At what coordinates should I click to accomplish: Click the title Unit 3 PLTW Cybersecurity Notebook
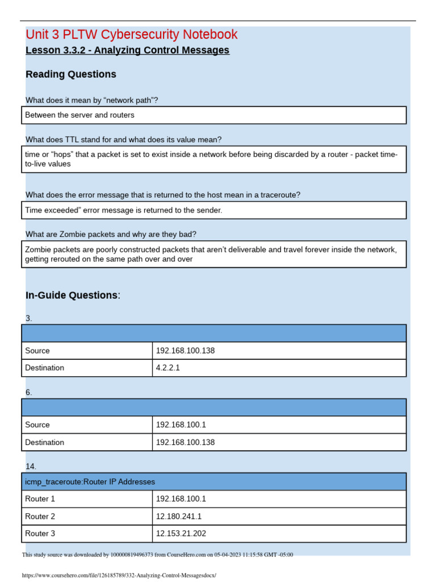point(132,35)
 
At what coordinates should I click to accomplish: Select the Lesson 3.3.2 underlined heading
point(127,51)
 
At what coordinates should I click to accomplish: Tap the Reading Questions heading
point(71,74)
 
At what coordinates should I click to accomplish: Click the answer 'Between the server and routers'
point(80,115)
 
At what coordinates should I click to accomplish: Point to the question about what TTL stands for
point(124,140)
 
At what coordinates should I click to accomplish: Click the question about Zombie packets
point(111,234)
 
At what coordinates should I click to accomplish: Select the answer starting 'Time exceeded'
point(124,210)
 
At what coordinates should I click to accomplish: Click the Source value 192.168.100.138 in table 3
point(185,351)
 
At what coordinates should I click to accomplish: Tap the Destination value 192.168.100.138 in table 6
point(185,442)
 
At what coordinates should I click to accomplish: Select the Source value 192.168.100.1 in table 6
point(181,425)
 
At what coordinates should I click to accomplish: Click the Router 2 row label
point(40,517)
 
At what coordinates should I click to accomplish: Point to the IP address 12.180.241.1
point(178,517)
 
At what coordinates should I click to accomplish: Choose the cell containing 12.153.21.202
point(181,534)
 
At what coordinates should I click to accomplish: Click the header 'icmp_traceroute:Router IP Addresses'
point(90,482)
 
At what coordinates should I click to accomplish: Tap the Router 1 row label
point(40,499)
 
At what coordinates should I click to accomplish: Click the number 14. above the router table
point(31,467)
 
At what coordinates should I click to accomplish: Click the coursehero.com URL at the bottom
point(119,575)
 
